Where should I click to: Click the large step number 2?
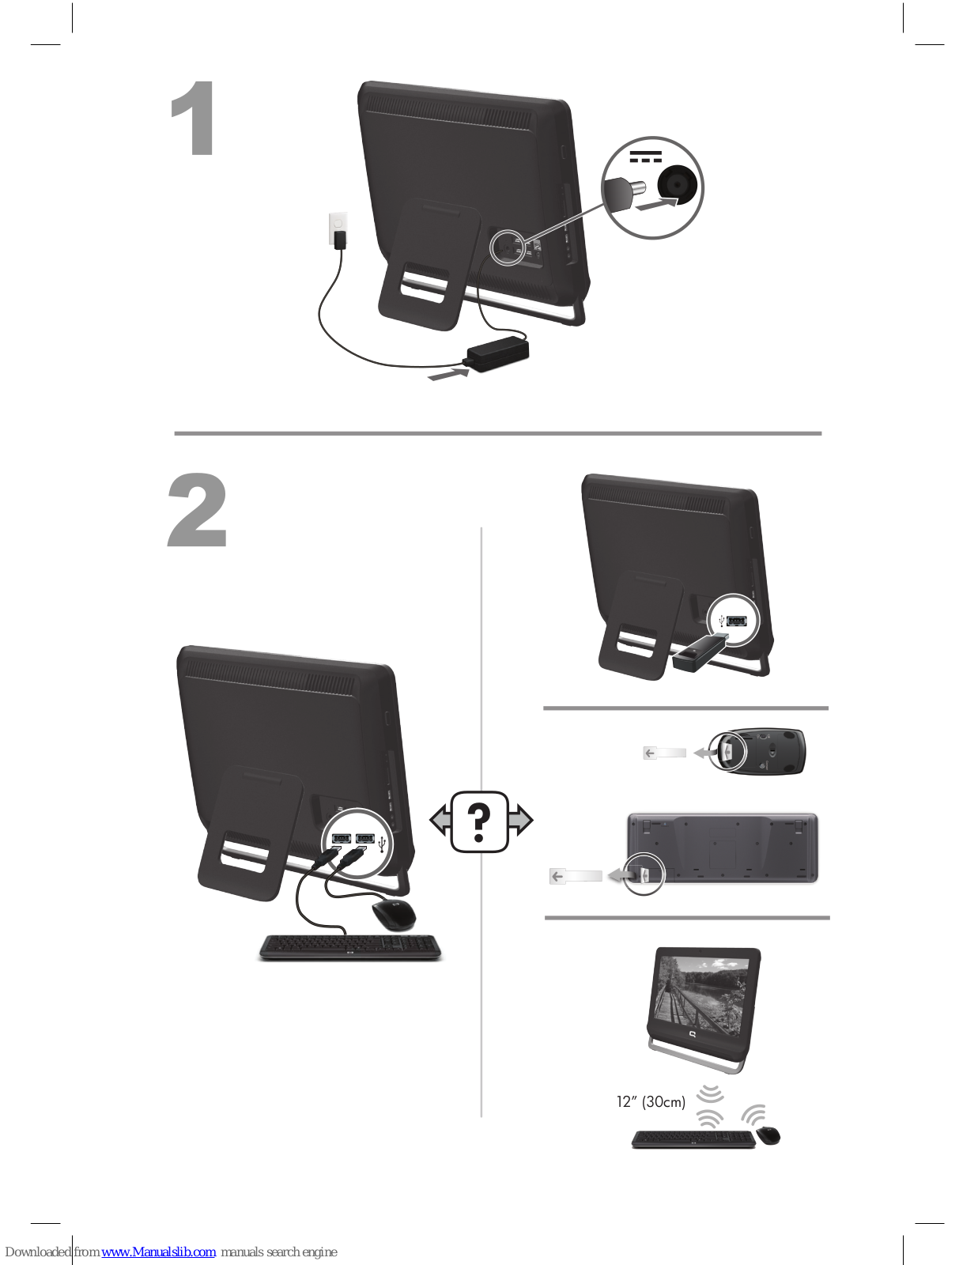(x=197, y=510)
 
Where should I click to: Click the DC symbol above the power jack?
(x=646, y=157)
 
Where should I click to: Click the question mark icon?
(x=480, y=822)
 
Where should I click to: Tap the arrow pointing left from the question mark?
(x=440, y=821)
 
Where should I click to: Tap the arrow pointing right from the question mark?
(x=520, y=821)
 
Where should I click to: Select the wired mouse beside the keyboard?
(x=394, y=915)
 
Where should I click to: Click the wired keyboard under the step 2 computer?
(x=350, y=947)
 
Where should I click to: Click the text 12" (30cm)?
(x=651, y=1101)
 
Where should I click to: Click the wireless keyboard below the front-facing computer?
(x=693, y=1138)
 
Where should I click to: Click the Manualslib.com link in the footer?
(x=159, y=1252)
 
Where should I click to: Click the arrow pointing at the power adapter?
(x=447, y=374)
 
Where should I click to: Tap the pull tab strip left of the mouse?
(x=664, y=753)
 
